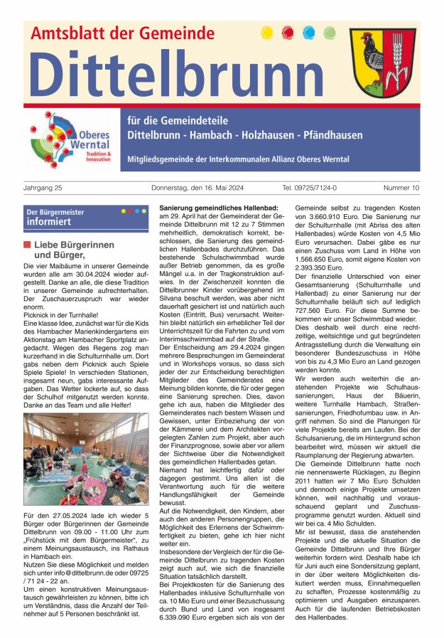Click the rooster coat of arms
[x=383, y=63]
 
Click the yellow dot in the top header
[x=267, y=32]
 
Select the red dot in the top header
[x=288, y=32]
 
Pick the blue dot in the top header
[x=308, y=32]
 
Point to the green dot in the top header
[x=329, y=32]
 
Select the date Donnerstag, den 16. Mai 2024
[x=202, y=188]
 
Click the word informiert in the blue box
[x=49, y=222]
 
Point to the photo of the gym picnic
[x=86, y=459]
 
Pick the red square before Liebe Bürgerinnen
[x=27, y=245]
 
